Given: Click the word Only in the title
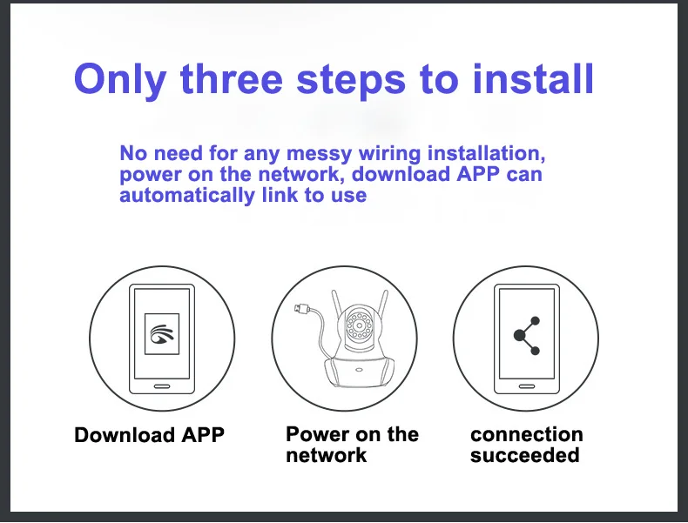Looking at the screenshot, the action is [120, 80].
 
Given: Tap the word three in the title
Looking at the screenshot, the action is [232, 79].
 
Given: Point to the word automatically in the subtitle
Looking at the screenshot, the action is [187, 195].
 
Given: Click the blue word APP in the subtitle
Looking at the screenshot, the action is [478, 174].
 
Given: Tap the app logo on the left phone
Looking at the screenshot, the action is [162, 334].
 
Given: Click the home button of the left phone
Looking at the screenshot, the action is [162, 386].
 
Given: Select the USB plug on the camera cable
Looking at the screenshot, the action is [302, 309].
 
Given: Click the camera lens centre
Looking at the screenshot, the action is [360, 325].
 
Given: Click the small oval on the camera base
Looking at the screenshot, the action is [359, 370].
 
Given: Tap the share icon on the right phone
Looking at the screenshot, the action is [527, 336].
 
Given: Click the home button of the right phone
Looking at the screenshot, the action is [527, 386].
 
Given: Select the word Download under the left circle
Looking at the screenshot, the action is [125, 435].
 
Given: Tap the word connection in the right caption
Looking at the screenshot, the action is [527, 434].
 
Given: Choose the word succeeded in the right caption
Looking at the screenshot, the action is [525, 454].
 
